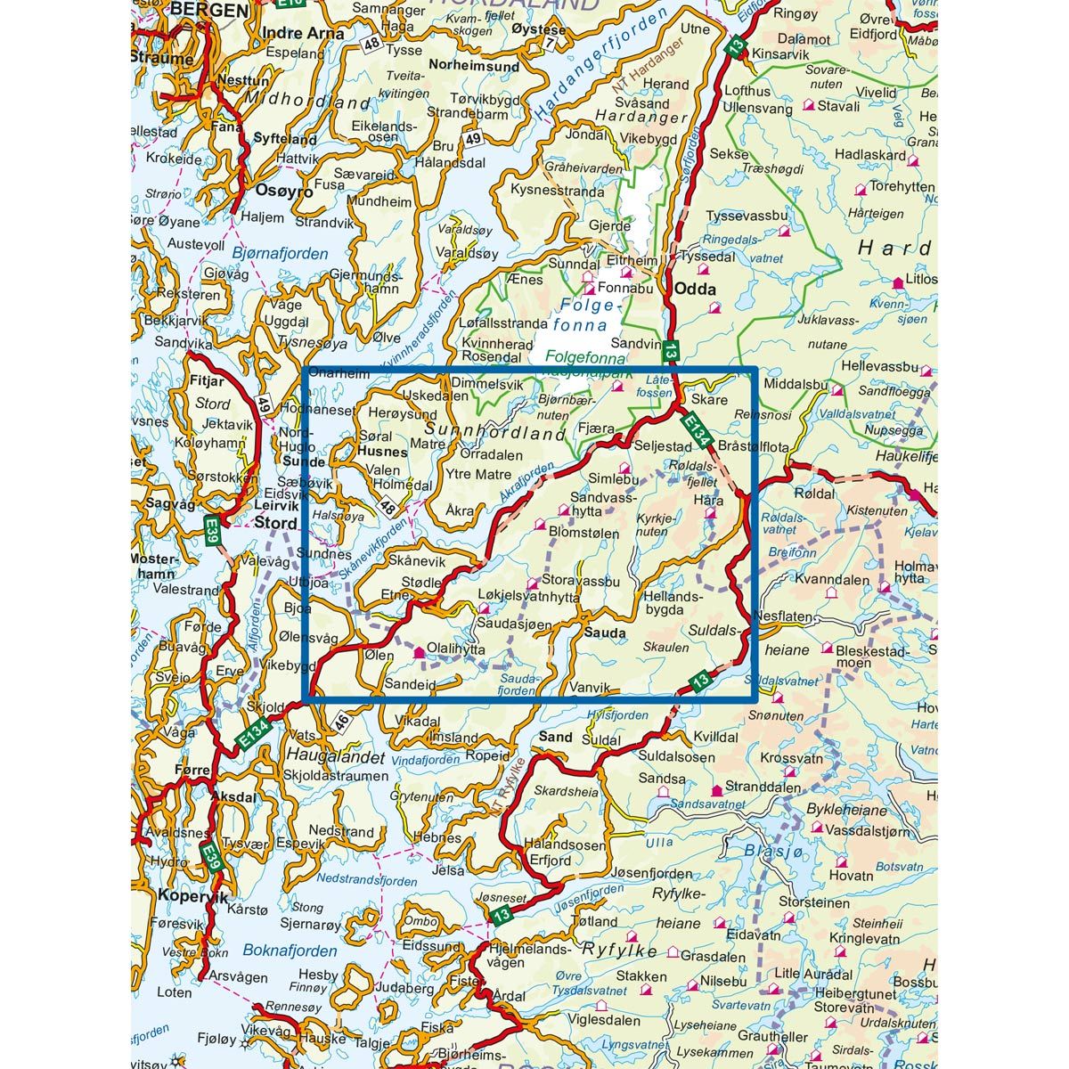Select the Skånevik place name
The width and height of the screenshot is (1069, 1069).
[x=418, y=560]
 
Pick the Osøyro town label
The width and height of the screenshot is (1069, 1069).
[x=284, y=190]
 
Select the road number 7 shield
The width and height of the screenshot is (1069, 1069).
[x=550, y=43]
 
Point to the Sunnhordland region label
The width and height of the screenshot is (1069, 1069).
[x=491, y=434]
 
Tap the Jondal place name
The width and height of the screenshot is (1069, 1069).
[x=585, y=136]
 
